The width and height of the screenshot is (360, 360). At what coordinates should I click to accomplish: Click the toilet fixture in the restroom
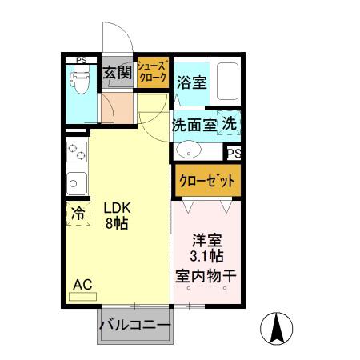[81, 82]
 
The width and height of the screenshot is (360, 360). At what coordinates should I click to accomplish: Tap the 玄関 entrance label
[117, 74]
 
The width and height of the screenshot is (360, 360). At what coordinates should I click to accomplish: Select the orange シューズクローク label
[152, 73]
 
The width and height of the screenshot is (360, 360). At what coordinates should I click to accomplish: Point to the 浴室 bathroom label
[191, 81]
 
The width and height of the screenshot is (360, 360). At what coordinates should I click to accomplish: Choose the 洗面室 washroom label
[193, 125]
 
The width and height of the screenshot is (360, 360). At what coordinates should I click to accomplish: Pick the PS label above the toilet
[82, 59]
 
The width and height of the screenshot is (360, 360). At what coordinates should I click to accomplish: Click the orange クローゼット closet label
[206, 179]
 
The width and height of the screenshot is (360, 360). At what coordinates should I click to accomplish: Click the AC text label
[82, 283]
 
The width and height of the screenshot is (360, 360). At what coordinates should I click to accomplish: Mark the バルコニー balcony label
[134, 326]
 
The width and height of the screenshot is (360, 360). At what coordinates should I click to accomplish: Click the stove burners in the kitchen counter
[76, 152]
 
